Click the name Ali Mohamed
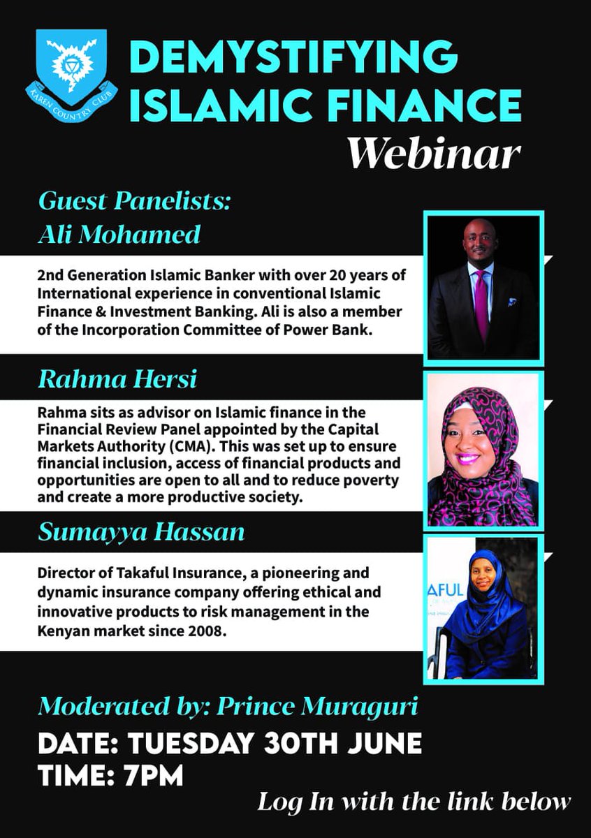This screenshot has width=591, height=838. (119, 235)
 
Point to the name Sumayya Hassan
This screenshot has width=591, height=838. (141, 533)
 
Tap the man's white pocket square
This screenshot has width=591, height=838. (512, 303)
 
